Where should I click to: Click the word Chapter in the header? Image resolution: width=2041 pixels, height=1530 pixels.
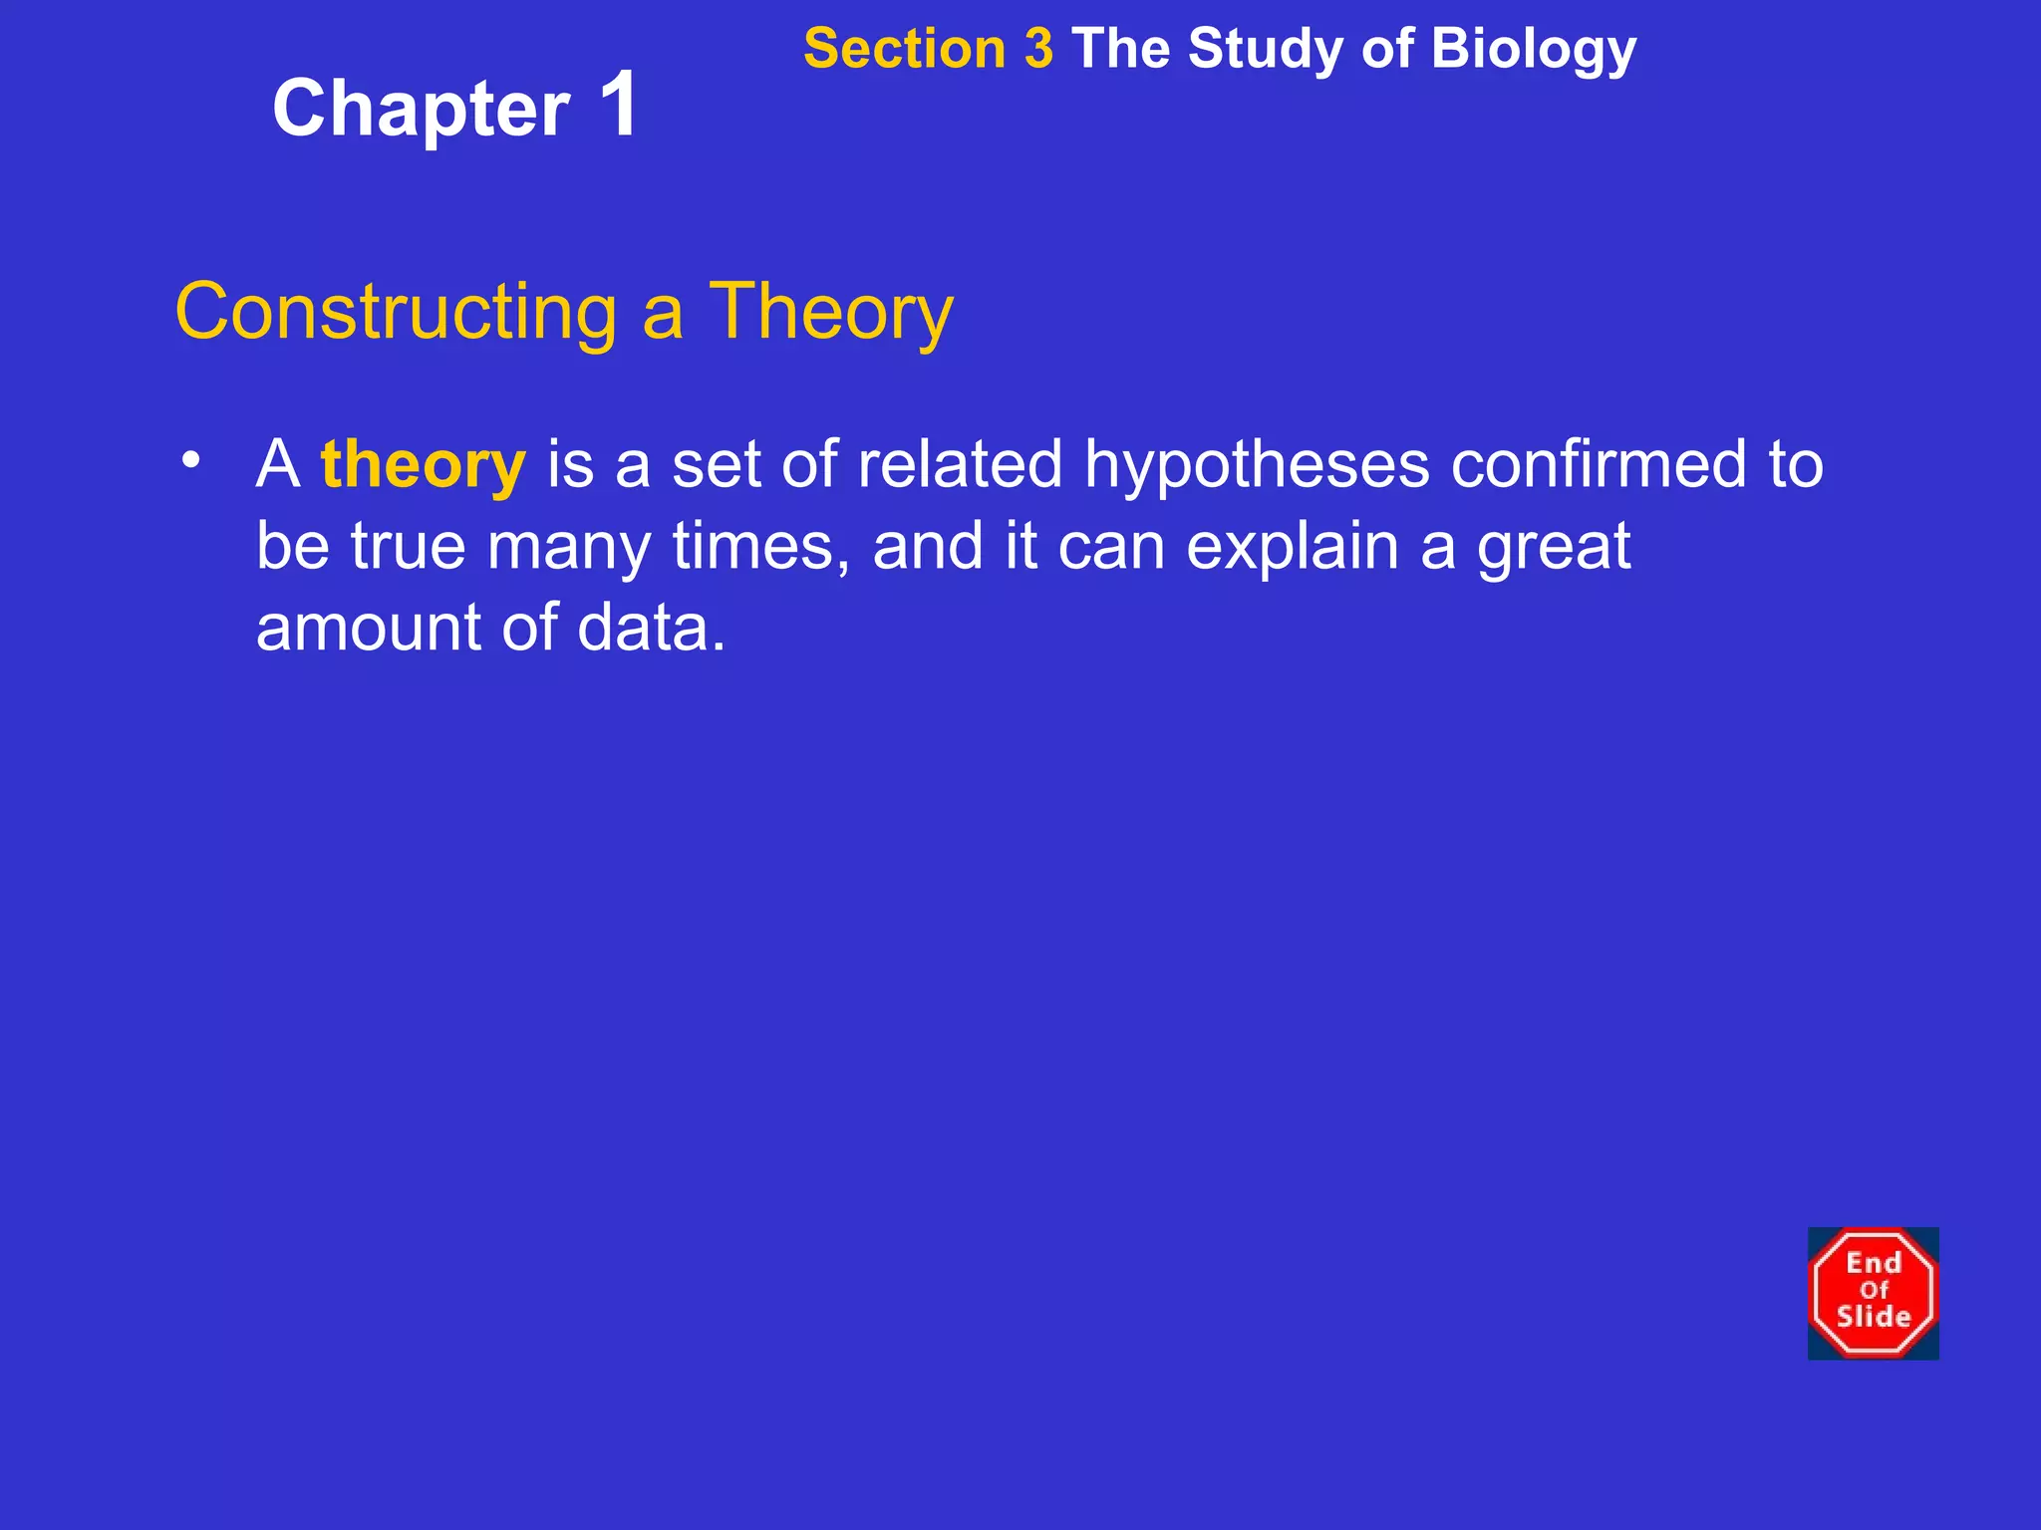421,110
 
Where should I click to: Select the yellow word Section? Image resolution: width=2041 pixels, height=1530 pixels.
904,49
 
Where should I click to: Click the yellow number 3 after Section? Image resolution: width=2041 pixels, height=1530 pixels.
1037,49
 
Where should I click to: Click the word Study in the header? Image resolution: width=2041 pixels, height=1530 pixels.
1265,49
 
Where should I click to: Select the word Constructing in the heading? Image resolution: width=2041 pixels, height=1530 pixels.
396,313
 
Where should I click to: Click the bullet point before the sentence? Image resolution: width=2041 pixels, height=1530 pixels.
191,459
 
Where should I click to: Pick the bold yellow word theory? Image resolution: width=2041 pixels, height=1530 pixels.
423,466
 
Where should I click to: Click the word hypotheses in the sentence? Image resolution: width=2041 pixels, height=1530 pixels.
1257,466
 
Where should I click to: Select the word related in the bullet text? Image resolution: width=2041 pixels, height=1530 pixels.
960,464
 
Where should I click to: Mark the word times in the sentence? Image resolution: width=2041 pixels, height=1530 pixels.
754,546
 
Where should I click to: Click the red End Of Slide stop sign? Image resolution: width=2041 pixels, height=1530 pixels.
1873,1293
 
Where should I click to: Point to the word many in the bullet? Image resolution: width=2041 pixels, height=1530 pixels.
568,548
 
